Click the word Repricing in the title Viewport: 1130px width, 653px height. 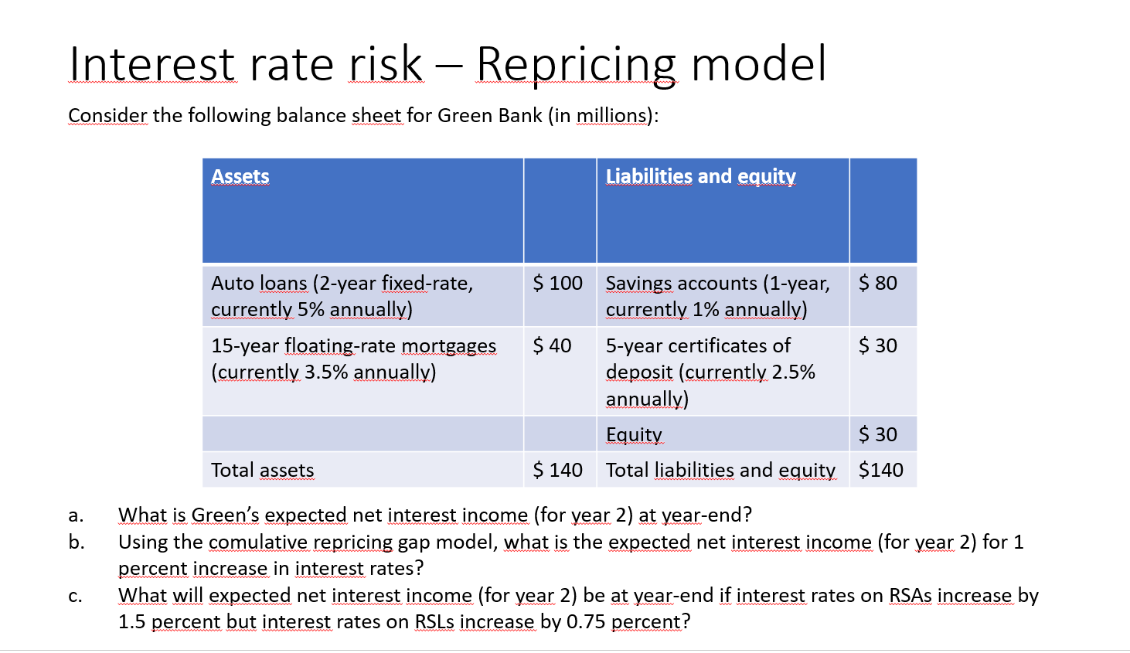[x=576, y=65]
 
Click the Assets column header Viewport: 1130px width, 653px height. [x=240, y=176]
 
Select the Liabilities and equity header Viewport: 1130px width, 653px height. [x=701, y=176]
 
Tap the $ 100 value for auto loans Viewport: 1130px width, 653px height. [x=558, y=283]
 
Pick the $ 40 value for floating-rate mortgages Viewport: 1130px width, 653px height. [x=553, y=345]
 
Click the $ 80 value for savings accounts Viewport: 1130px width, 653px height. [x=878, y=283]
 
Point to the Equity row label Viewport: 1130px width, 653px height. [x=634, y=434]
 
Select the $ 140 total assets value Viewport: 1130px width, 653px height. [x=558, y=470]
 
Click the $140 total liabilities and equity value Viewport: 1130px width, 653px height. [x=881, y=470]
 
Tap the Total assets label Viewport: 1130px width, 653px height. [x=262, y=470]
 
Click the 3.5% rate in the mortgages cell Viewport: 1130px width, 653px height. [x=326, y=372]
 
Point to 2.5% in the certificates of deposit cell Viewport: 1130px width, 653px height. [x=794, y=372]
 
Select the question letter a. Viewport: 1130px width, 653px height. [x=75, y=515]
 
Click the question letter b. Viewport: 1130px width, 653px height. [x=76, y=542]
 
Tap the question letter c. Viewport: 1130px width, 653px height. [x=75, y=596]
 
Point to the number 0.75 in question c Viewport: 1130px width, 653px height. [x=586, y=622]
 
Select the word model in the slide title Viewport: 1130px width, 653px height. [x=759, y=64]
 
